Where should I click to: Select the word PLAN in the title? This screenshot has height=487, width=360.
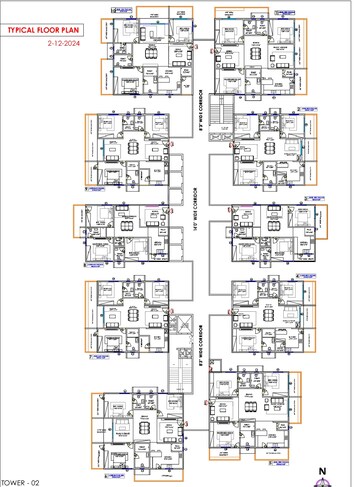point(79,32)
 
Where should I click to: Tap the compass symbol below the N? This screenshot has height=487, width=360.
point(322,481)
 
